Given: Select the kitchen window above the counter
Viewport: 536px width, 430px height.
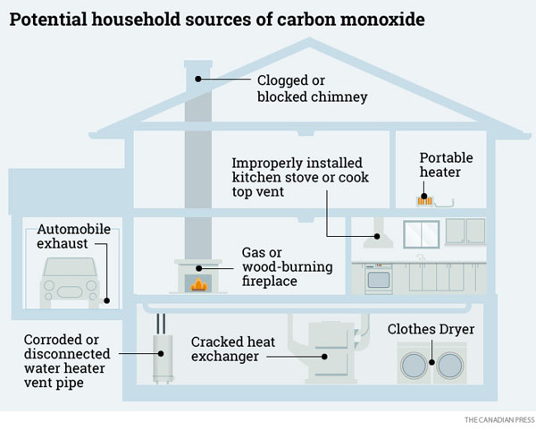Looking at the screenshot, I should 421,233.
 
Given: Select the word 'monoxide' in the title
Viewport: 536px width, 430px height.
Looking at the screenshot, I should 376,20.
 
